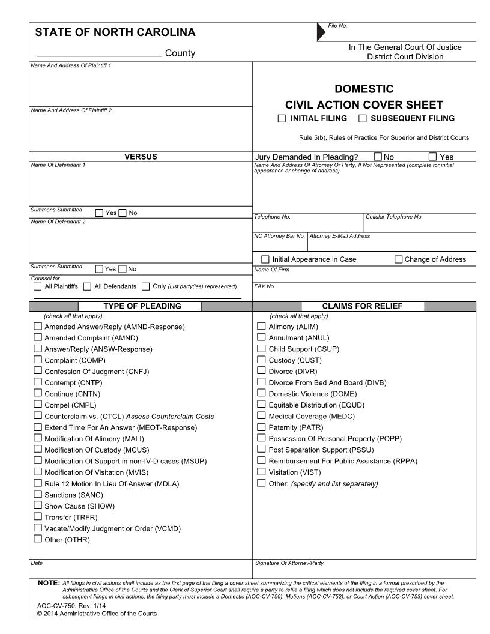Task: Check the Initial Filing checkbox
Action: tap(282, 119)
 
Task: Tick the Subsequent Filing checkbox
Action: tap(362, 119)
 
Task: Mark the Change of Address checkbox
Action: tap(399, 259)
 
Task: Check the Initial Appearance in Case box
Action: tap(266, 259)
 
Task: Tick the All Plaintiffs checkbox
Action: tap(38, 286)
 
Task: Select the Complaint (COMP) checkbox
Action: tap(38, 360)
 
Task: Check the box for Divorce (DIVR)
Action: tap(261, 371)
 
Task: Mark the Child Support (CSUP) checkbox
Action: tap(261, 349)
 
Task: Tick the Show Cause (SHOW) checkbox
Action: tap(38, 506)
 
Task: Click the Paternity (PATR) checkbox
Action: tap(261, 427)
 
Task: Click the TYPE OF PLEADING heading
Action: tap(142, 306)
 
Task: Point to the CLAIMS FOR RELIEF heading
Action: tap(362, 306)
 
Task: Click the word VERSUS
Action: tap(141, 157)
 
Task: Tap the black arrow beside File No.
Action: tap(321, 32)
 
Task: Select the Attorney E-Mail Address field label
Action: tap(340, 236)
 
